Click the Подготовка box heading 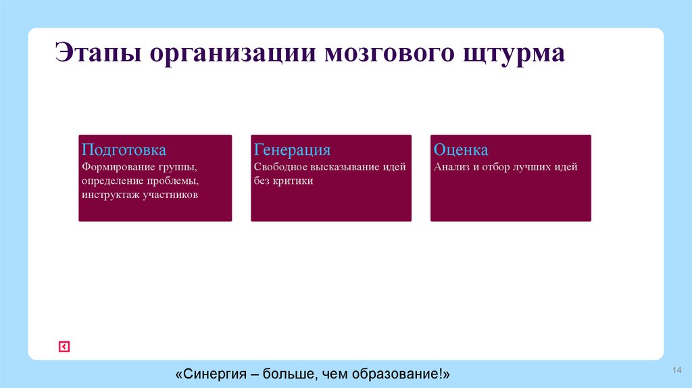click(124, 150)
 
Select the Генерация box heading click(292, 150)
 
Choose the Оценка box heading click(461, 150)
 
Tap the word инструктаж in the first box click(111, 195)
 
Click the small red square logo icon click(64, 347)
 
